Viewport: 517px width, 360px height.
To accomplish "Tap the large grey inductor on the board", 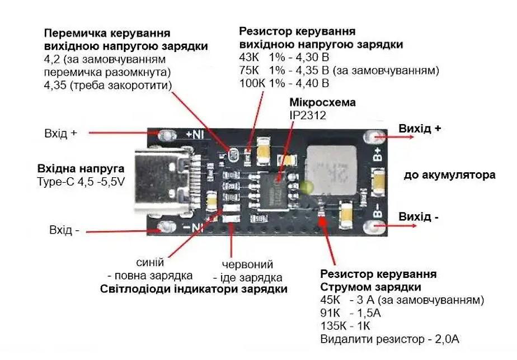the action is [332, 170].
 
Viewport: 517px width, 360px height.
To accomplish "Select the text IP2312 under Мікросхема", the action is [308, 115].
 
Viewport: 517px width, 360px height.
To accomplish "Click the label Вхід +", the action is [60, 134].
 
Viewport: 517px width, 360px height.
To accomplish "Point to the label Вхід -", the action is [64, 230].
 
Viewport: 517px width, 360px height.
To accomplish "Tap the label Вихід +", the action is [420, 129].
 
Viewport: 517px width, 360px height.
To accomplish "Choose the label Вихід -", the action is [419, 217].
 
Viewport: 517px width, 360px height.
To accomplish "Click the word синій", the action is [150, 263].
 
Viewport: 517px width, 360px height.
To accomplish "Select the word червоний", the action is [247, 264].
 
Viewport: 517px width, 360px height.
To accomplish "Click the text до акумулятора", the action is [449, 175].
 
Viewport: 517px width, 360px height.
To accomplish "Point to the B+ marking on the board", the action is [378, 154].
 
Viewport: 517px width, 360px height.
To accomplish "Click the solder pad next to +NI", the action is [167, 135].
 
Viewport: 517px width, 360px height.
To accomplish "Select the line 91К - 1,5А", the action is [350, 312].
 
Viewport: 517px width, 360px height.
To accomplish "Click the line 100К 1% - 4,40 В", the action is [284, 83].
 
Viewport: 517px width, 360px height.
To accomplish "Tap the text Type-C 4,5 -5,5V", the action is [81, 182].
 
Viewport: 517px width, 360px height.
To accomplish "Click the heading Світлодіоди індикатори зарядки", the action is [194, 289].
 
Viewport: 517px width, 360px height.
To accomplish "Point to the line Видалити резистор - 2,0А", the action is [390, 339].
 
